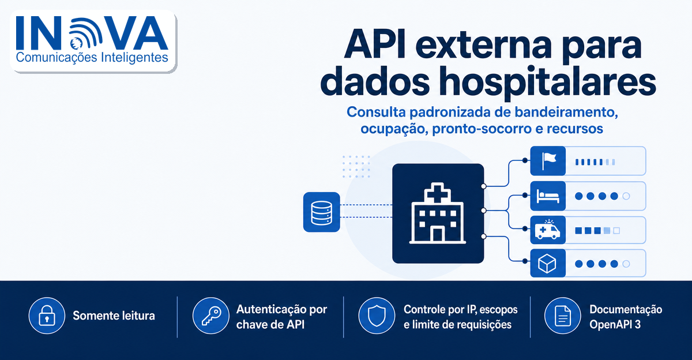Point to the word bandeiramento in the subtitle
pos(566,112)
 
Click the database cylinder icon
pos(321,212)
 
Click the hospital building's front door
pos(438,235)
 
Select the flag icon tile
pos(548,161)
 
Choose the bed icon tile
pos(548,196)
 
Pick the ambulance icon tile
pos(548,230)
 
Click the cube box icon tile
pos(548,263)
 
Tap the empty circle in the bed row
pos(626,196)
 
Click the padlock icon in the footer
pos(47,316)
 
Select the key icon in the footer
pos(211,316)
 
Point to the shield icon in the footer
pos(377,316)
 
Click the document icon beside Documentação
pos(563,316)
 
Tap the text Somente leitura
pos(114,316)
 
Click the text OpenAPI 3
pos(615,325)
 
